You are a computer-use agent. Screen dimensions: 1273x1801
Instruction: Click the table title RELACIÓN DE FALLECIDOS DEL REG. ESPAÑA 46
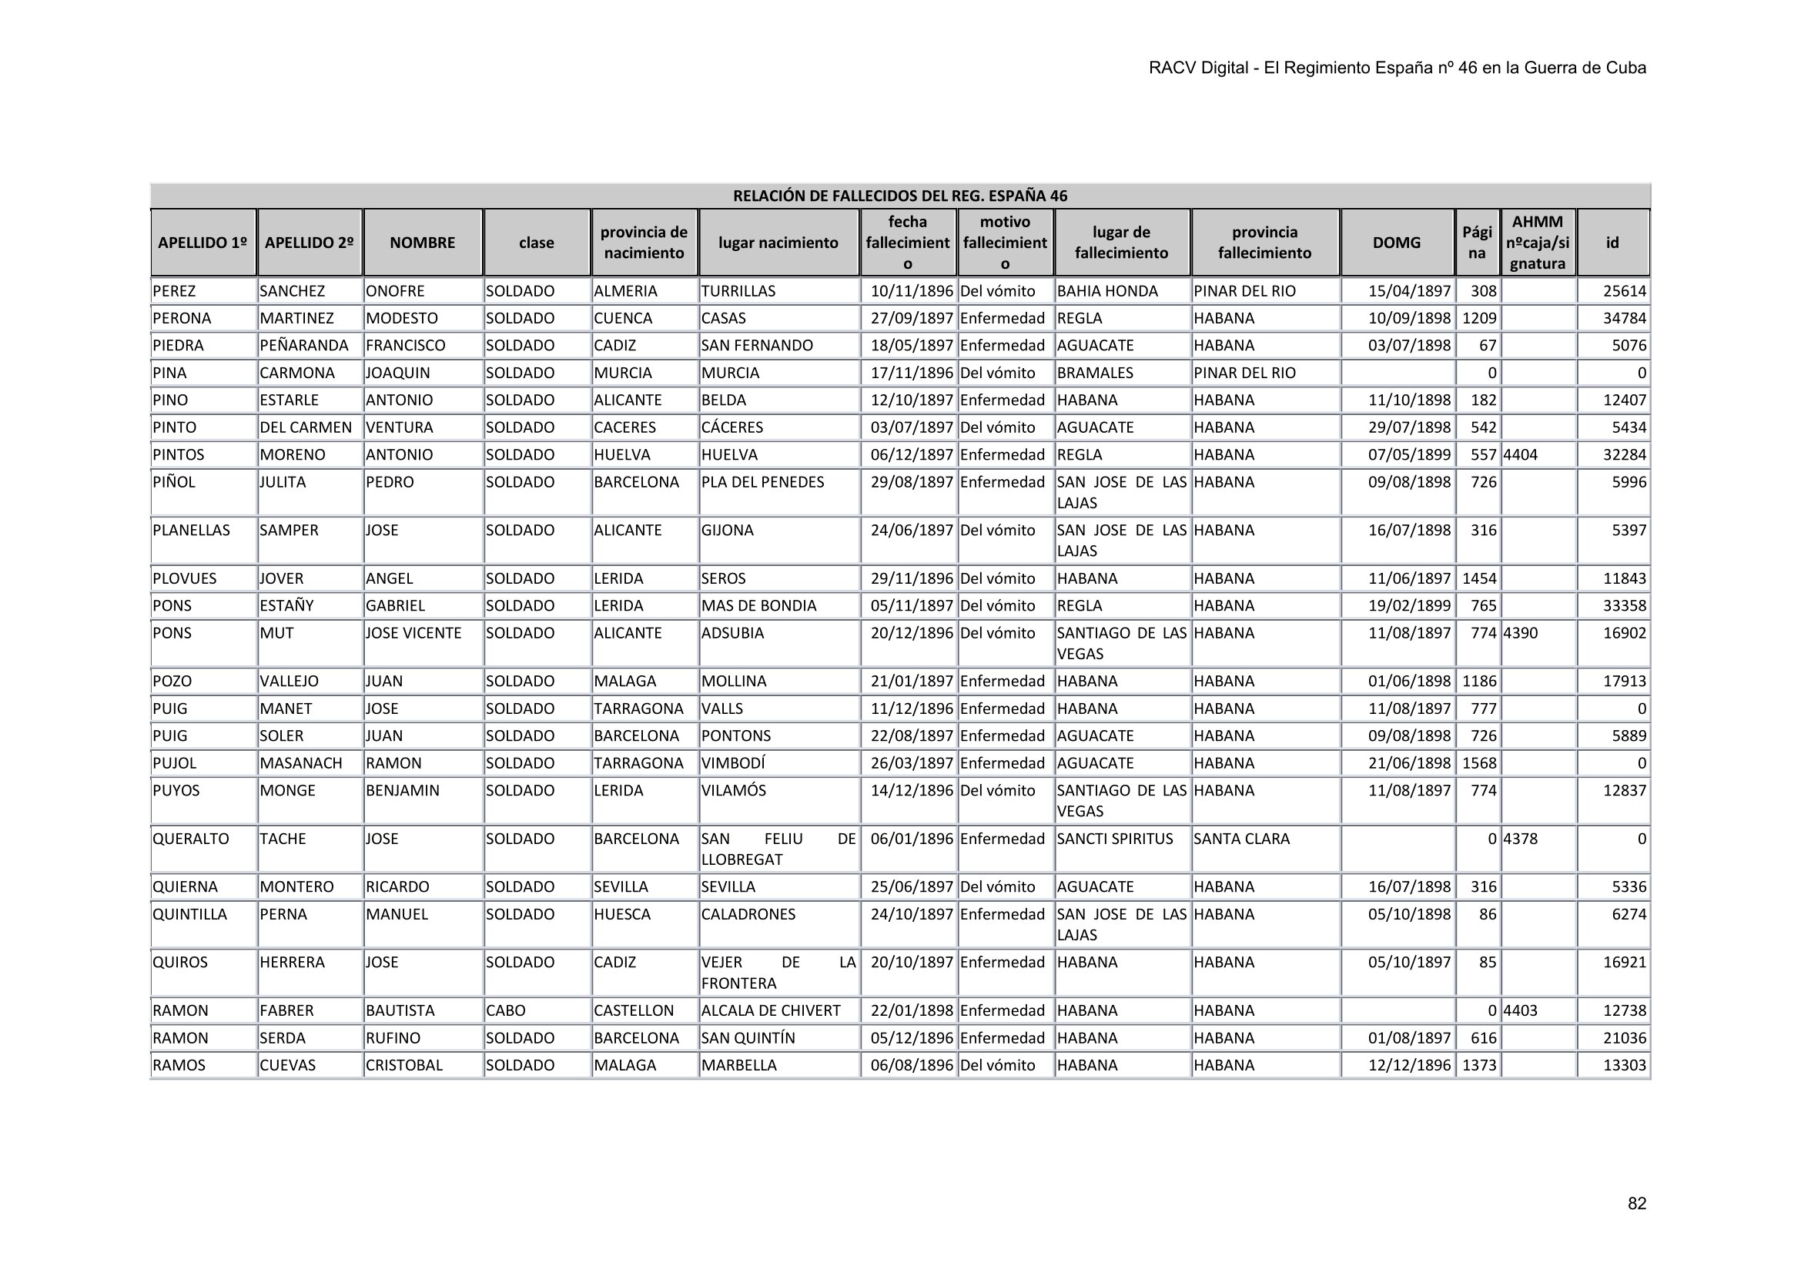click(899, 196)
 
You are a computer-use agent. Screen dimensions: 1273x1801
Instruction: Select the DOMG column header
click(1396, 243)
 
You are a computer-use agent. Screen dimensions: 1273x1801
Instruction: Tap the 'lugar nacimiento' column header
click(778, 243)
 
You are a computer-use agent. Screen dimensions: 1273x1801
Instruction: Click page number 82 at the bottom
click(1636, 1204)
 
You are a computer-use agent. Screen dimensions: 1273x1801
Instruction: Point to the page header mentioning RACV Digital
click(1397, 69)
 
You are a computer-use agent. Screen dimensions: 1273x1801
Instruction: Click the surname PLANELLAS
click(192, 530)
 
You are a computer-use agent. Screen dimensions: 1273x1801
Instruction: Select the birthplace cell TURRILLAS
click(738, 291)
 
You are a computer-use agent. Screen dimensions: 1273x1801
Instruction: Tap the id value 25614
click(1624, 291)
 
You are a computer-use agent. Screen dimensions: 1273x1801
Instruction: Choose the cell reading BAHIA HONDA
click(1106, 291)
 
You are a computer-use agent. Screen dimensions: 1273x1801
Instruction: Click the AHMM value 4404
click(1520, 455)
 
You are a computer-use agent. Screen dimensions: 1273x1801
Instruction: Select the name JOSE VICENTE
click(413, 633)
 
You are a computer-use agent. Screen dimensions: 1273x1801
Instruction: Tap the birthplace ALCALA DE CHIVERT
click(770, 1010)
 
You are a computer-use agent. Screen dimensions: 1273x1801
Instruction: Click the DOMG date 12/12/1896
click(1409, 1065)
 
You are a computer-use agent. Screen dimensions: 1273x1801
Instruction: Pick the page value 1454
click(1478, 579)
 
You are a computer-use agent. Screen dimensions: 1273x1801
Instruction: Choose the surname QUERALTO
click(191, 839)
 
